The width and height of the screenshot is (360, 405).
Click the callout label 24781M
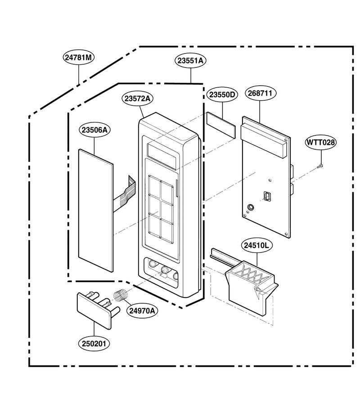[78, 57]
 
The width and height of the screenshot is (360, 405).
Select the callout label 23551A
[191, 61]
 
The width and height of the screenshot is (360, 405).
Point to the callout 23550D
[222, 95]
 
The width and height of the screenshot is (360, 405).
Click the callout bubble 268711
[260, 93]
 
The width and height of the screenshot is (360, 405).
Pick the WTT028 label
[321, 142]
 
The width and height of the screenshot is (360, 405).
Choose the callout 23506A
[94, 130]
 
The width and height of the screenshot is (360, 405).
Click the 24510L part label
[256, 246]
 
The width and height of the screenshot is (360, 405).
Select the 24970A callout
[142, 310]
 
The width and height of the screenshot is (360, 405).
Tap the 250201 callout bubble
[94, 344]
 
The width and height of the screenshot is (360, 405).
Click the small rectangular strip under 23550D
[221, 125]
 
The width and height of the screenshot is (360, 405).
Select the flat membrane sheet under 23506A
[96, 211]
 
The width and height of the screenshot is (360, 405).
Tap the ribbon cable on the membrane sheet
[125, 192]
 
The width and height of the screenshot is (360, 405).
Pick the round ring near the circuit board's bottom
[251, 207]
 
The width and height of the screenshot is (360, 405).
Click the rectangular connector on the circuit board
[267, 196]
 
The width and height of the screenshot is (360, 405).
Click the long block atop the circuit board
[263, 140]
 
